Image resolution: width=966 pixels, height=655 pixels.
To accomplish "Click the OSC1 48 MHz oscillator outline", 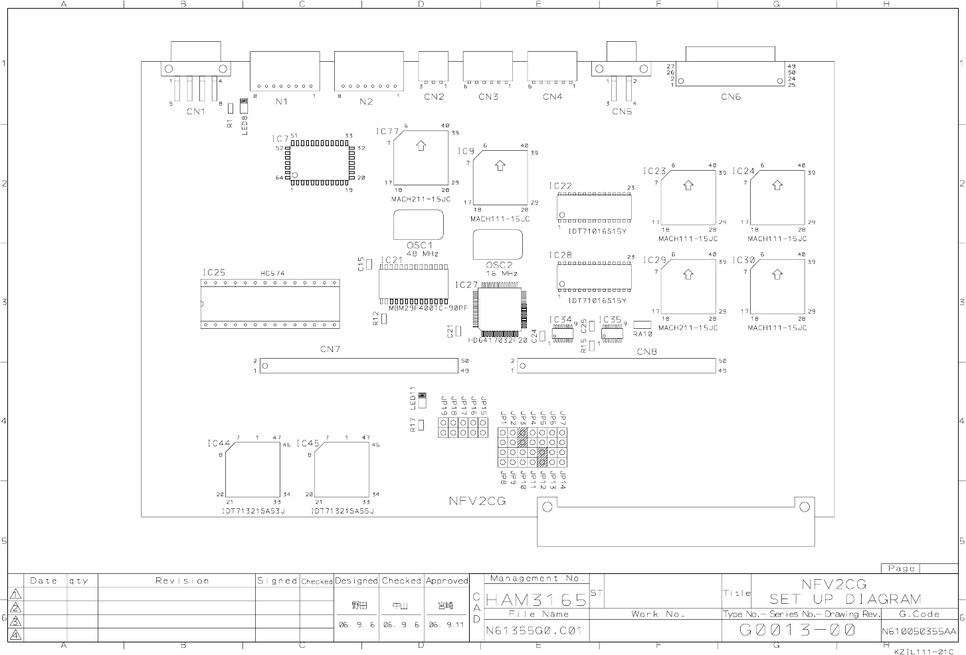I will [x=419, y=225].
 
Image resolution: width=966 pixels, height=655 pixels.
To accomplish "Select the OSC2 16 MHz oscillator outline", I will [x=498, y=245].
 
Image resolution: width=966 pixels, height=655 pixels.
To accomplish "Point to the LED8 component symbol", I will [x=243, y=106].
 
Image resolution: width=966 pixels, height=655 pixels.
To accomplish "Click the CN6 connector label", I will [x=730, y=97].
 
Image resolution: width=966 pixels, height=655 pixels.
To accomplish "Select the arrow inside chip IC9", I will [x=500, y=165].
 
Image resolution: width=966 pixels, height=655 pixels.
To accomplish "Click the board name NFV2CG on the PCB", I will [x=477, y=502].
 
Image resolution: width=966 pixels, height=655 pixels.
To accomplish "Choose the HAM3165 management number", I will [x=537, y=600].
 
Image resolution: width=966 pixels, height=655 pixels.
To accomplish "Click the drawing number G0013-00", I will [x=797, y=629].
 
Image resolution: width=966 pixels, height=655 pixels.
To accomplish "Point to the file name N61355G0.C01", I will [x=533, y=630].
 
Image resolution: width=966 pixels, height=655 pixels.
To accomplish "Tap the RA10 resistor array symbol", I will [x=642, y=325].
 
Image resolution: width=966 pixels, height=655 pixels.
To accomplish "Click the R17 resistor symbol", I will [x=421, y=425].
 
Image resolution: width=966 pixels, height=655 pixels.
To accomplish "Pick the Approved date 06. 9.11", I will [x=446, y=625].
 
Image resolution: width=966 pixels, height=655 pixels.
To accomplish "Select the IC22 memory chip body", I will [x=593, y=207].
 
